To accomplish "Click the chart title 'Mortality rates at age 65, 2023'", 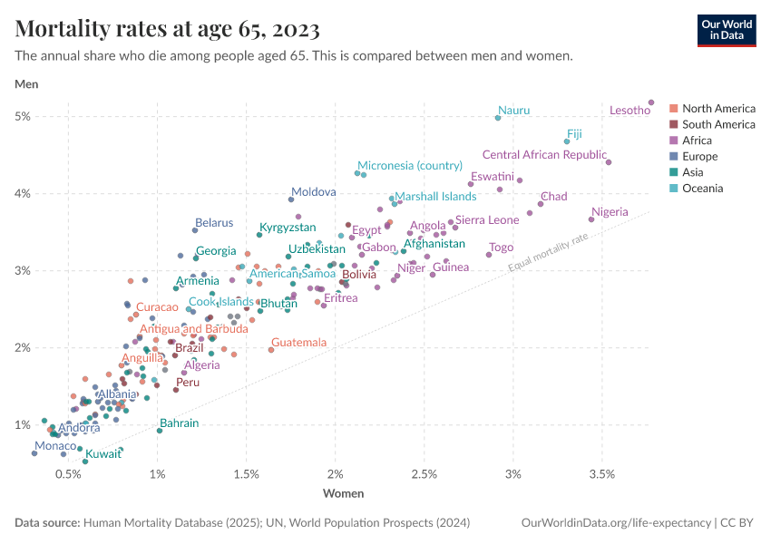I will (168, 30).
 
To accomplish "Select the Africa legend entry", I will (697, 141).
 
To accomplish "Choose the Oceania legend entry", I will (702, 189).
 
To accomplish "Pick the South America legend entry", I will (718, 124).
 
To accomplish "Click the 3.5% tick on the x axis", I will (602, 474).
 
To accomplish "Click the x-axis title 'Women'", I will (344, 494).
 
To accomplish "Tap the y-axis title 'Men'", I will (26, 84).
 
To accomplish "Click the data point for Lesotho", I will (651, 102).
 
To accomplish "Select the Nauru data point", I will (498, 118).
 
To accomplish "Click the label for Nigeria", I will (610, 212).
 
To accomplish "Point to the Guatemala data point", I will (271, 349).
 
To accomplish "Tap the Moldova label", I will (313, 192).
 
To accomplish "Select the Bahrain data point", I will (160, 431).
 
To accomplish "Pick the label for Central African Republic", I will (544, 155).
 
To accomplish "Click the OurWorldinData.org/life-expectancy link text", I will (617, 523).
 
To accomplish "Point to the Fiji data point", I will (567, 141).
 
